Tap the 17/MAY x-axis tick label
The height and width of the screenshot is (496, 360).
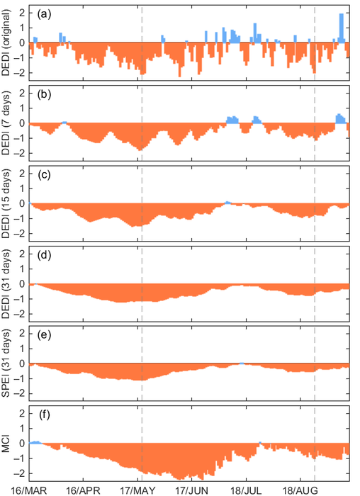137,489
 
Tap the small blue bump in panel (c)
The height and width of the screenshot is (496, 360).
227,203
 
